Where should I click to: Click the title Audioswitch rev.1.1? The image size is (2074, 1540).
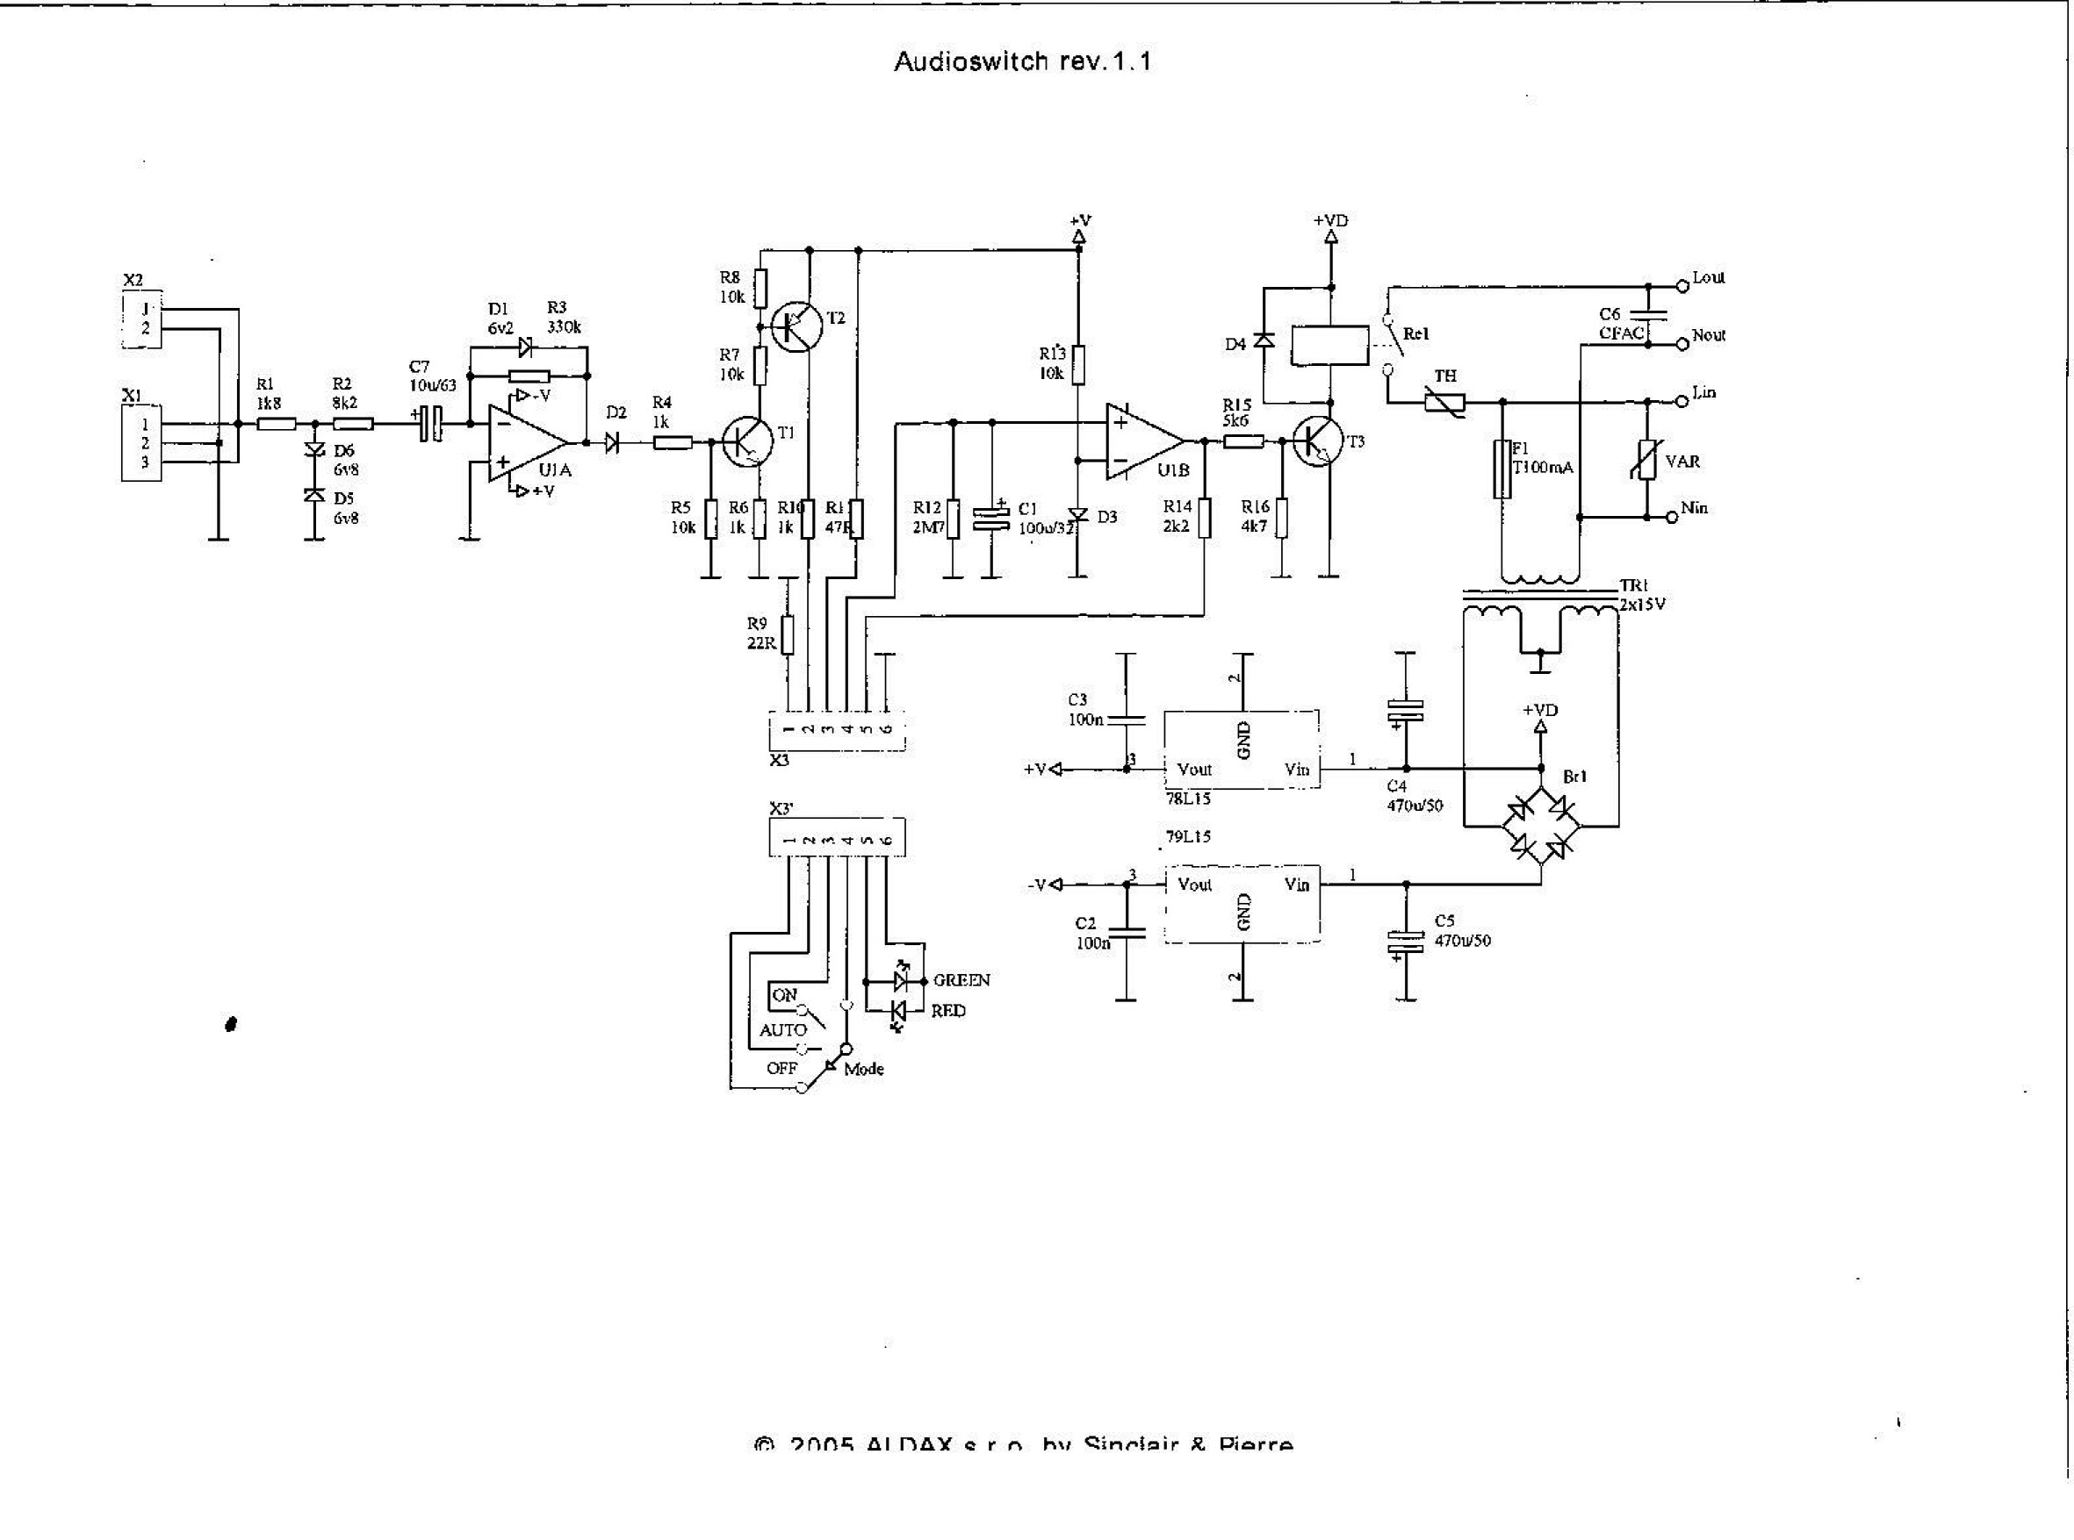[x=1022, y=62]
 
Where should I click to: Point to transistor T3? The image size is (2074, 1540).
[x=1318, y=443]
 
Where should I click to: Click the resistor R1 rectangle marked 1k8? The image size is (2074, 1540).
[x=276, y=424]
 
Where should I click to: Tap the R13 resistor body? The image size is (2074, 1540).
[x=1078, y=365]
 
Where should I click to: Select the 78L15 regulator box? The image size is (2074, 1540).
[x=1242, y=749]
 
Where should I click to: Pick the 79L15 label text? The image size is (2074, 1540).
[x=1188, y=837]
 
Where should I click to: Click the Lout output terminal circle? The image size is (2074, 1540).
[x=1682, y=286]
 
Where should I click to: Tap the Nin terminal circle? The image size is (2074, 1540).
[x=1671, y=518]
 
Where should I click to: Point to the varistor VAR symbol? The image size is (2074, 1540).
[x=1648, y=461]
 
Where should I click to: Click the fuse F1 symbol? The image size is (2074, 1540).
[x=1502, y=469]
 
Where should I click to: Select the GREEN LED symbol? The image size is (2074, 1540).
[x=901, y=980]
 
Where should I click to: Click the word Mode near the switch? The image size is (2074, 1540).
[x=863, y=1070]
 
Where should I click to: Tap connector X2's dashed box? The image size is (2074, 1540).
[x=141, y=319]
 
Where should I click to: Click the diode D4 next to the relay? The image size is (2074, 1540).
[x=1264, y=341]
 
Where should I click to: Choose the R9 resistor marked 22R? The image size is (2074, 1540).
[x=788, y=634]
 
